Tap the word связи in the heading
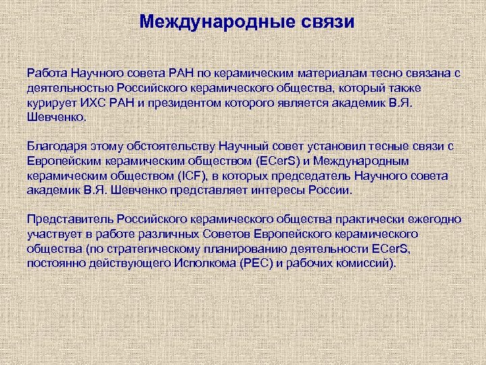coord(326,22)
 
